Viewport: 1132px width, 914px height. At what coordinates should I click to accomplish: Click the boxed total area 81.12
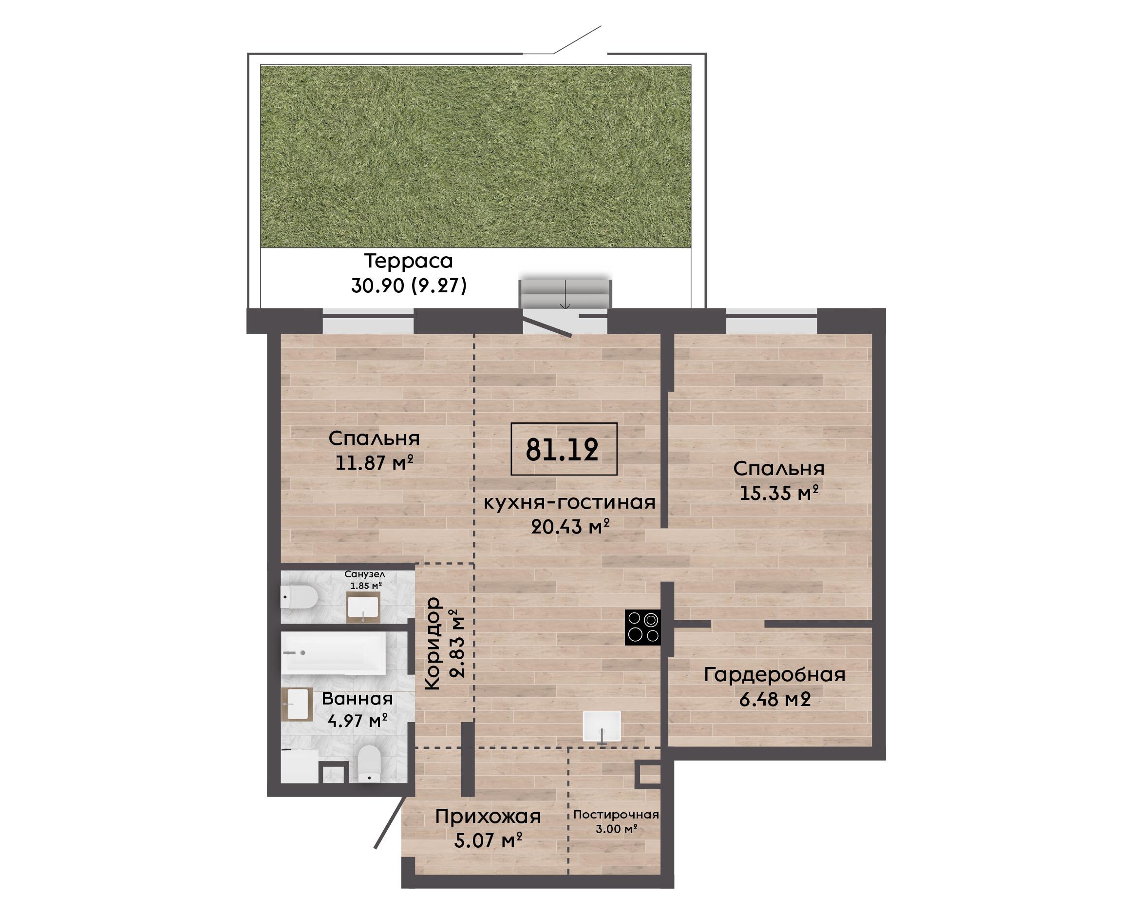click(564, 449)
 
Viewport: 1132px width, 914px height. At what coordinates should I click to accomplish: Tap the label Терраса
click(408, 261)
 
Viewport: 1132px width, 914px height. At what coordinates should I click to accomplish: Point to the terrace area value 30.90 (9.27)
click(409, 286)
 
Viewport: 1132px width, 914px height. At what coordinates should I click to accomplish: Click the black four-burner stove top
click(642, 627)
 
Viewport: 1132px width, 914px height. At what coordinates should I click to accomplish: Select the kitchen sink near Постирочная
click(602, 727)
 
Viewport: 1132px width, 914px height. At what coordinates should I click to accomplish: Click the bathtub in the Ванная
click(333, 653)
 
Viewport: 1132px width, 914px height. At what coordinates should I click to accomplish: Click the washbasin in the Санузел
click(362, 607)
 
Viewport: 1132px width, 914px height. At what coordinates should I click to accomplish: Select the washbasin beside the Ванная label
click(297, 705)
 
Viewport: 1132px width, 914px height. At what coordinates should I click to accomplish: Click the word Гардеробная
click(774, 675)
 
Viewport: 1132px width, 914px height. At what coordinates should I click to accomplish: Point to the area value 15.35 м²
click(779, 494)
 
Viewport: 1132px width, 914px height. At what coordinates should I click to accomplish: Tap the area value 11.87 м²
click(374, 463)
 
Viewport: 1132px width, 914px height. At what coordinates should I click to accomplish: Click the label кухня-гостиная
click(569, 502)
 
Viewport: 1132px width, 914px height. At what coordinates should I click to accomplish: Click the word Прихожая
click(488, 817)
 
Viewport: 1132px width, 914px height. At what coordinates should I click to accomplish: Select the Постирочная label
click(616, 815)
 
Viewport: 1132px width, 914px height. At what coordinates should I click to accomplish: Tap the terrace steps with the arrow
click(565, 293)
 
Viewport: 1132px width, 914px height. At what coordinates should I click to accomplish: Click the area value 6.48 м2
click(774, 700)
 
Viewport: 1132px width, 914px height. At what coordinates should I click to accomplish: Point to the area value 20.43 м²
click(570, 527)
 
